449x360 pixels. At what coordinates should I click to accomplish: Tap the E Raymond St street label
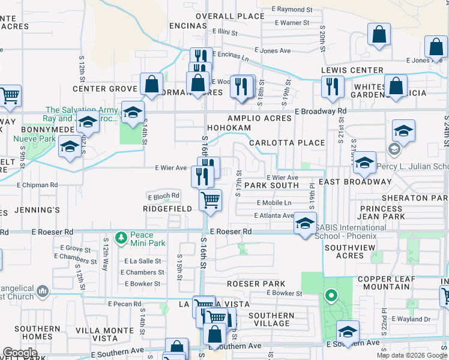coord(292,10)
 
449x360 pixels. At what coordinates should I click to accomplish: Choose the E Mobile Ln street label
coord(274,203)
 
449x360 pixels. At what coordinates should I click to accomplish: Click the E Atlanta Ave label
coord(274,215)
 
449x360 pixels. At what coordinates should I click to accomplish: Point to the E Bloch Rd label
coord(163,196)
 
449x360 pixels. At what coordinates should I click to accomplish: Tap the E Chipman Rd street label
coord(37,185)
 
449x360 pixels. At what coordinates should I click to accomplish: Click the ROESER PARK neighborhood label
coord(252,283)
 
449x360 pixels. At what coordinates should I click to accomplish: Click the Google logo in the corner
coord(20,352)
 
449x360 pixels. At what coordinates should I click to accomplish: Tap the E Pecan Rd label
coord(125,304)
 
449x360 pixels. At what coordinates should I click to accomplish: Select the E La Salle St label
coord(142,261)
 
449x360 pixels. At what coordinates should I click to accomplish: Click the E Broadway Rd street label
coord(321,111)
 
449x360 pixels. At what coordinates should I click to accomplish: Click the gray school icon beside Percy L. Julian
coord(394,148)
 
